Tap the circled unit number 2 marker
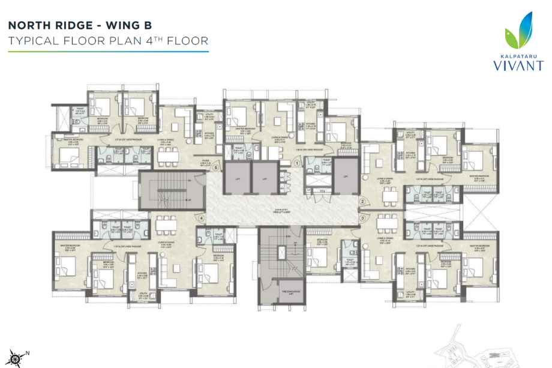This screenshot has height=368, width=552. click(x=362, y=201)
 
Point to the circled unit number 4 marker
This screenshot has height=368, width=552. click(x=202, y=218)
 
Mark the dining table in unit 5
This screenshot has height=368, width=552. click(x=166, y=155)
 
